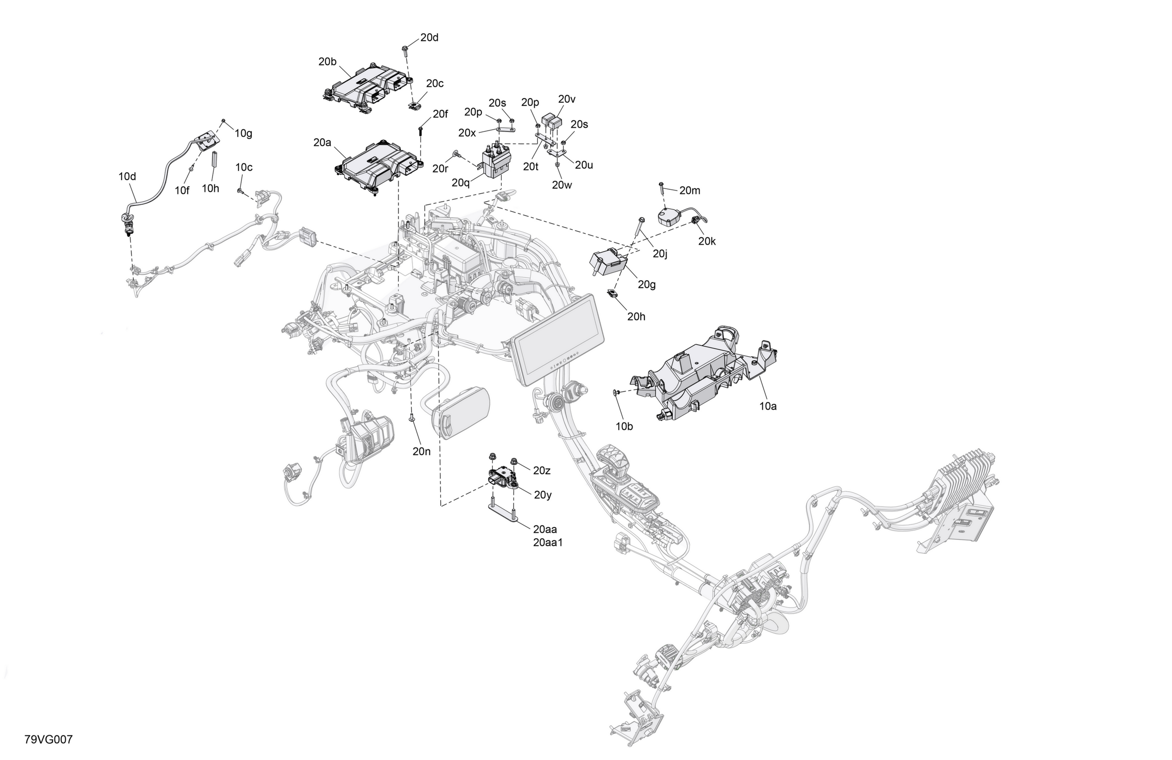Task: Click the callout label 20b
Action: [x=327, y=62]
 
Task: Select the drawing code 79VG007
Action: [x=48, y=739]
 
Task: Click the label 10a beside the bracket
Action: [x=768, y=406]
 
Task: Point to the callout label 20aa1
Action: [x=548, y=542]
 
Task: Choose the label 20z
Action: [x=542, y=470]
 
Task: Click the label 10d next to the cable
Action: [x=127, y=176]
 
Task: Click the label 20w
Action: [x=561, y=185]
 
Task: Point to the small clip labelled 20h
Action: [x=612, y=293]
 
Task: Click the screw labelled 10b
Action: [x=616, y=393]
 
